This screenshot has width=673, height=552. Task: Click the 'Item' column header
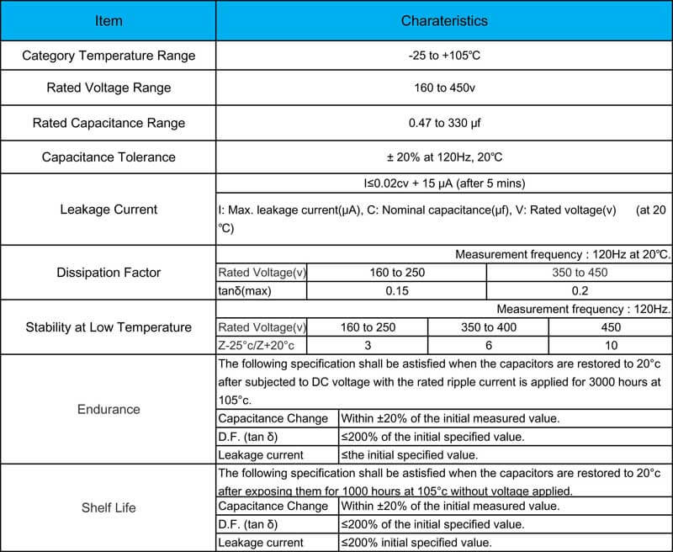[x=108, y=20]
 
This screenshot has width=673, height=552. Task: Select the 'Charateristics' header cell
[x=444, y=20]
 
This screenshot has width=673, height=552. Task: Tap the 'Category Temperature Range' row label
[x=109, y=56]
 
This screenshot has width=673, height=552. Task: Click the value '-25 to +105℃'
[x=444, y=56]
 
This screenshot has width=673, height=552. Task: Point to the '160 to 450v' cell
[x=444, y=88]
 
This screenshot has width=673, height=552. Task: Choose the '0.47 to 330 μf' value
[x=444, y=123]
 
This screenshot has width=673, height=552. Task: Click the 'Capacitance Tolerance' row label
[x=109, y=157]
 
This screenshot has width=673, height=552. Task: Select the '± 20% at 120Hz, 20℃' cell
[x=444, y=157]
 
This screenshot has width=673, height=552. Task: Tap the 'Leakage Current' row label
[x=108, y=209]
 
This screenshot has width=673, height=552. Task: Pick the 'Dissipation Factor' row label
[x=108, y=273]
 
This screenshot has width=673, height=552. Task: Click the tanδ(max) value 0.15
[x=395, y=290]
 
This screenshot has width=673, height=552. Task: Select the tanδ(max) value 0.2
[x=579, y=290]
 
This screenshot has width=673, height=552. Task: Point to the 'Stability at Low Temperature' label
[x=109, y=327]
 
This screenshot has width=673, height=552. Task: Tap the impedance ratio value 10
[x=611, y=345]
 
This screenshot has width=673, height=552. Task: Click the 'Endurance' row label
[x=108, y=409]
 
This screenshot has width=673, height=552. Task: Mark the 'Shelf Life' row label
[x=108, y=507]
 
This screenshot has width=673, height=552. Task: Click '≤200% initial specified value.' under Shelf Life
[x=416, y=543]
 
